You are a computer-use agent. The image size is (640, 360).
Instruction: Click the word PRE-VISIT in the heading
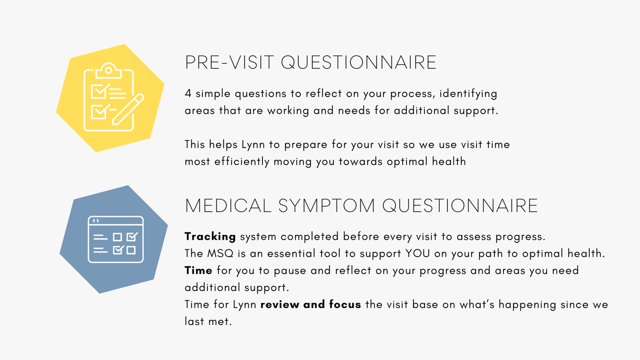coord(229,62)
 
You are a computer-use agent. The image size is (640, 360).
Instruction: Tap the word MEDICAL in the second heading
coord(228,205)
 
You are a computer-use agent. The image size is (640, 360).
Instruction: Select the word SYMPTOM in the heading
coord(326,205)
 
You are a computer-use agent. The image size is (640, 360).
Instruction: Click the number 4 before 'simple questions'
coord(188,93)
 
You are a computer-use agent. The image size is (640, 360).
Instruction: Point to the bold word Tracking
coord(210,237)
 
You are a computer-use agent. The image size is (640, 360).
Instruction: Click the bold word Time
coord(198,270)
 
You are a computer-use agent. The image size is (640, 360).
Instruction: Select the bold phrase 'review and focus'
coord(311,304)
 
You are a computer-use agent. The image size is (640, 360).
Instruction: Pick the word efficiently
coord(242,162)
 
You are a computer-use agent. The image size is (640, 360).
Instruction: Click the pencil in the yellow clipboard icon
coord(128,109)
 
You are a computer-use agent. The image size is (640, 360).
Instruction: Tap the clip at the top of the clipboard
coord(109,70)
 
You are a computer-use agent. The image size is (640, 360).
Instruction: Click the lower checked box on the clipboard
coord(100,111)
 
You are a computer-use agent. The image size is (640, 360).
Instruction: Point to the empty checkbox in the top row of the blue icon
coord(118,237)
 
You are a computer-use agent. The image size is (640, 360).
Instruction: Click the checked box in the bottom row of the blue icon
coord(118,250)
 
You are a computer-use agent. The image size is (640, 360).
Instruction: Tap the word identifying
coord(468,94)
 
